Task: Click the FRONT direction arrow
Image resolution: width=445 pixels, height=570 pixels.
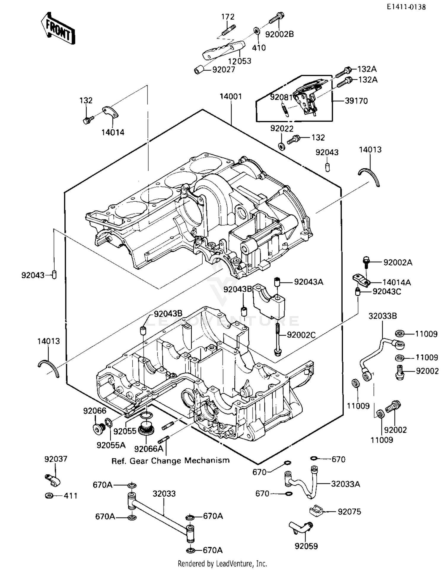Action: click(x=58, y=29)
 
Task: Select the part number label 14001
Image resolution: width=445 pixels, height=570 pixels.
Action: click(x=231, y=97)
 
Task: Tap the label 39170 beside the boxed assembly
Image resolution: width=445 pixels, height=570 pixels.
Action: click(x=356, y=101)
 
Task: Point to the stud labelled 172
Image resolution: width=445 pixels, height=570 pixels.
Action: click(x=228, y=29)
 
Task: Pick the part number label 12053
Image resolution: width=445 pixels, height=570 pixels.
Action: click(x=239, y=61)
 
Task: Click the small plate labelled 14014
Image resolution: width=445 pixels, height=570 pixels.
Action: click(x=110, y=112)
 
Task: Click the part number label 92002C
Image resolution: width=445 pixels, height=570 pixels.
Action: click(x=301, y=335)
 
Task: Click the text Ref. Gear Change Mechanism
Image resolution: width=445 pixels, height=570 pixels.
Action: click(x=170, y=461)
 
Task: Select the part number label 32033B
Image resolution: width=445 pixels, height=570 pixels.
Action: click(x=382, y=316)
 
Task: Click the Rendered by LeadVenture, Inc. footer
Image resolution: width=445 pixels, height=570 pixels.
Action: click(x=222, y=563)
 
